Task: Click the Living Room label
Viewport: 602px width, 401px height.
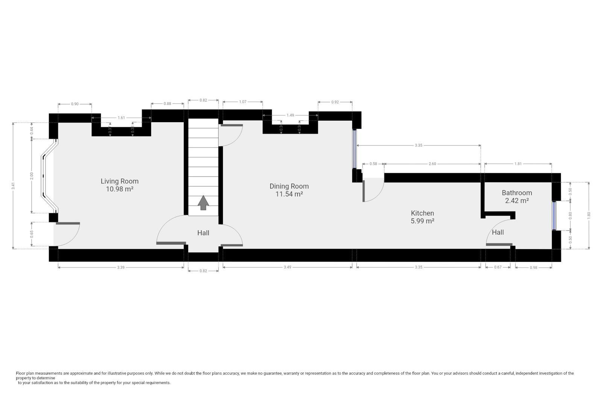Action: click(119, 181)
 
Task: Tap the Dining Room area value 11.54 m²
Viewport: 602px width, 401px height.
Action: click(289, 194)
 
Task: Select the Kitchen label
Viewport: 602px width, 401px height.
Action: click(422, 213)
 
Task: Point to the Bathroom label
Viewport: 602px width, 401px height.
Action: click(517, 193)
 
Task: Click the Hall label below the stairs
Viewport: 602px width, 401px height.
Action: click(203, 233)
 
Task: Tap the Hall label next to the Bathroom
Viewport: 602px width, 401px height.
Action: click(497, 232)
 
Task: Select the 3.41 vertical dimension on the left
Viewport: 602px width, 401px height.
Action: click(13, 186)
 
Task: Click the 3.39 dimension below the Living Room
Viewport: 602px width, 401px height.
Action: click(120, 267)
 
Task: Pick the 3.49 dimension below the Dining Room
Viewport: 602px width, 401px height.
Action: click(287, 267)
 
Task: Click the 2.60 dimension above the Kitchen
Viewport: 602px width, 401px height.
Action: click(432, 164)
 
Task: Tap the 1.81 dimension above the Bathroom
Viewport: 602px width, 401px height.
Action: click(518, 164)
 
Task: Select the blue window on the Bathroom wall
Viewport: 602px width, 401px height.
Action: click(554, 215)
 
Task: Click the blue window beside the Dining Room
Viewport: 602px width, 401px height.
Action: click(354, 149)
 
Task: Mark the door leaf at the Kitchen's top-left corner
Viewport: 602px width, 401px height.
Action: click(364, 191)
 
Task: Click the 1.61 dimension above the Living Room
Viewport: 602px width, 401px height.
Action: click(121, 118)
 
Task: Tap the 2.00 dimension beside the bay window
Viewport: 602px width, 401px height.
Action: click(32, 176)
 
